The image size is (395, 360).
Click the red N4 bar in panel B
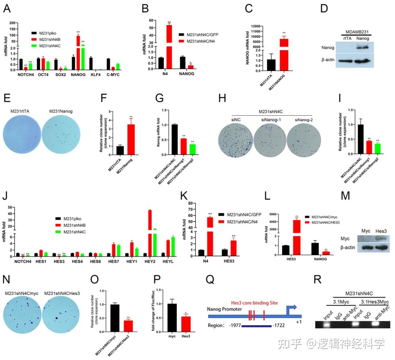click(169, 40)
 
